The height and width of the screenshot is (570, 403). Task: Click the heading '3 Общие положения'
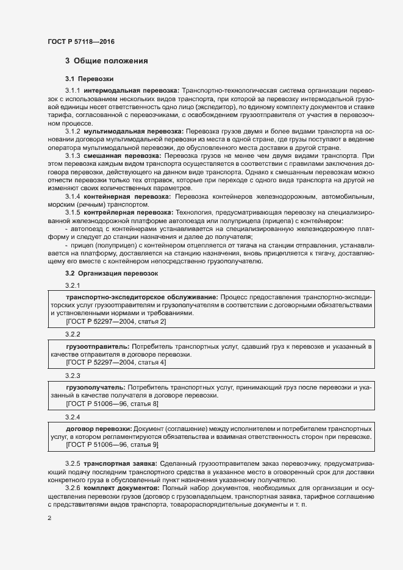[x=107, y=61]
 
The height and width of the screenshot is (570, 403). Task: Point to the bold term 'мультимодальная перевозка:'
[x=134, y=130]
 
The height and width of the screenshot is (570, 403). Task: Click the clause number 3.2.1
[x=73, y=285]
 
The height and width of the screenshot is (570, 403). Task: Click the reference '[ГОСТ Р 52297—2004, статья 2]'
[x=116, y=321]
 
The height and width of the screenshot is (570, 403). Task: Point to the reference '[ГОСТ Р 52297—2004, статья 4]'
[x=116, y=363]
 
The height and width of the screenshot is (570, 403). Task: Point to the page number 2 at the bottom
[x=49, y=518]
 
